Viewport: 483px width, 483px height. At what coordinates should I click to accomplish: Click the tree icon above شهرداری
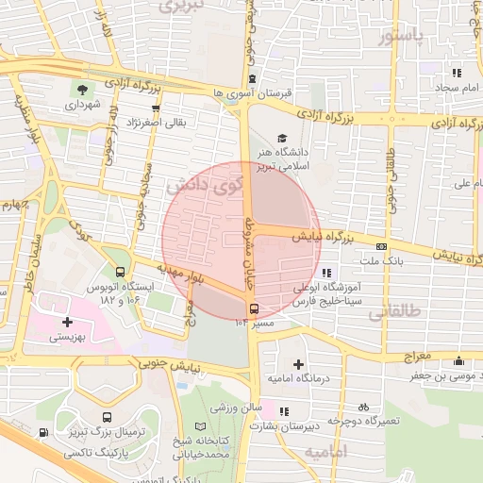[x=84, y=90]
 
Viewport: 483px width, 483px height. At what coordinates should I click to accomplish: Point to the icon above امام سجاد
[x=458, y=73]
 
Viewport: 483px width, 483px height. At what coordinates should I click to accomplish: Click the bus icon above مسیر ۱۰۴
[x=253, y=308]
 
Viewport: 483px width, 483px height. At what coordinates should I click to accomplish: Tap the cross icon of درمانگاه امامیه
[x=298, y=364]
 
